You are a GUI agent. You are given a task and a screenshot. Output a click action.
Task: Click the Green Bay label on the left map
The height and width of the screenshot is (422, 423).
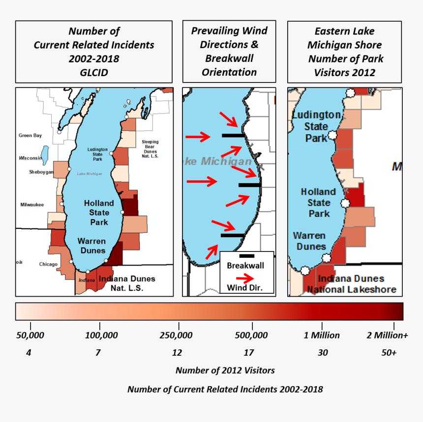pos(30,136)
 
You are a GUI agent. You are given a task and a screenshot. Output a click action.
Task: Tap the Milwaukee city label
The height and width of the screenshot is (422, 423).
pos(32,204)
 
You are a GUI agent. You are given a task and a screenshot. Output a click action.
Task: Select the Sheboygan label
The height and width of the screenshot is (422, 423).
pos(41,172)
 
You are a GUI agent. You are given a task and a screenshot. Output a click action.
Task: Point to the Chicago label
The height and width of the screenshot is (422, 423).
pos(48,264)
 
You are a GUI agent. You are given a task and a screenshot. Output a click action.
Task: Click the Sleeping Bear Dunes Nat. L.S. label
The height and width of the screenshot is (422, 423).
pos(150,149)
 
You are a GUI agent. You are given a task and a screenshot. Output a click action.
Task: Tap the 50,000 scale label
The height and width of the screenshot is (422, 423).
pos(30,336)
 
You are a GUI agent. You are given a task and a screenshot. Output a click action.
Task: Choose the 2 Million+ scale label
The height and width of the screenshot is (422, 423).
pos(388,336)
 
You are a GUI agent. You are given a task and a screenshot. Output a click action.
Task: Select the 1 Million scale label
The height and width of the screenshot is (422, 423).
pos(322,336)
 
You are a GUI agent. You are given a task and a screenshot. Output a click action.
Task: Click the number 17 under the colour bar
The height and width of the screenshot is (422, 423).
pos(249,353)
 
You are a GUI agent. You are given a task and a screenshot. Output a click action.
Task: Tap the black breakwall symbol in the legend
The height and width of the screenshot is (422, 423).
pos(246,256)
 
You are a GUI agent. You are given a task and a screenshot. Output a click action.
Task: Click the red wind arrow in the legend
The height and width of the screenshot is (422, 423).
pos(245,277)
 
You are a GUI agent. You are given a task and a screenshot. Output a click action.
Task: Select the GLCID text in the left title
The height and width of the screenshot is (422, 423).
pos(94,72)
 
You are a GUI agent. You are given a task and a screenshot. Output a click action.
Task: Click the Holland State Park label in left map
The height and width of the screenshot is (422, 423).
pos(99,213)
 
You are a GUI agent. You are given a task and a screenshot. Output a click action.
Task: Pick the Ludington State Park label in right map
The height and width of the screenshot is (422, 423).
pos(316,126)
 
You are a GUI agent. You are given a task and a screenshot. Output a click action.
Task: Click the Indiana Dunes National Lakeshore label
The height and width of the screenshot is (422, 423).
pos(351,284)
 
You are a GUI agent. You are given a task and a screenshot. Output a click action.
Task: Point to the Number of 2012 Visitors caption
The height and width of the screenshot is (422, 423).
pos(225,370)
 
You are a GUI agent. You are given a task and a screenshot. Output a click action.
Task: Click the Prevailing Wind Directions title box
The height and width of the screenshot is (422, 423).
pos(229,52)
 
